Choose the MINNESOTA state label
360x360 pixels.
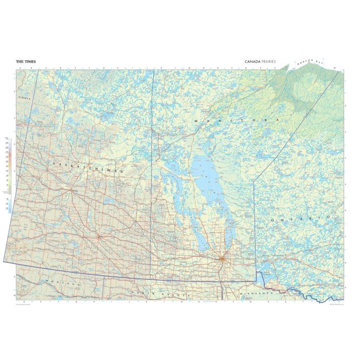tap(255, 292)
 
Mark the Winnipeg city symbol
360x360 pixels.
tap(222, 258)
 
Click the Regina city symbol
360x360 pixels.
tap(98, 237)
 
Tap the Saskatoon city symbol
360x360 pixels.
tap(70, 190)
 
